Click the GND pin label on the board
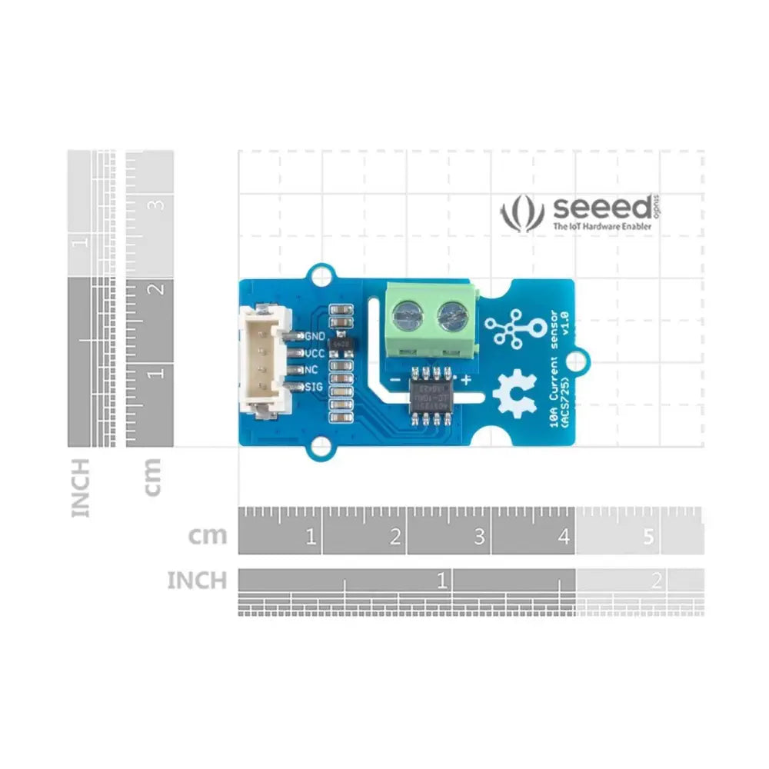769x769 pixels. (315, 337)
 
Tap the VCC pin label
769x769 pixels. (315, 354)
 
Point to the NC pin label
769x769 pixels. (311, 370)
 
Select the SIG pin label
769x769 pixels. (314, 387)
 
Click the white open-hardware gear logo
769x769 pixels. (509, 392)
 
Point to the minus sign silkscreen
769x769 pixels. (393, 379)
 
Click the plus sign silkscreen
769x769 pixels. (466, 379)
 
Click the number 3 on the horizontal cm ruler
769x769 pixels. (479, 537)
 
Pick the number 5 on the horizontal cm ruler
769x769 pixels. (647, 537)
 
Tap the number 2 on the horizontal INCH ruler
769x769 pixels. (656, 581)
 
